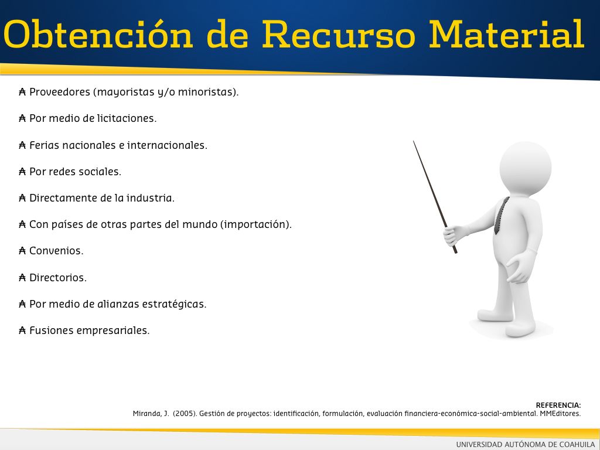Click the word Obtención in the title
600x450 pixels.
[98, 35]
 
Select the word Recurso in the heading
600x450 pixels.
[338, 35]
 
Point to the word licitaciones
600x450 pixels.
[127, 118]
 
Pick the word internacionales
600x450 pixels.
[167, 145]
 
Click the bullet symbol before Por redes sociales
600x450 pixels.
[22, 172]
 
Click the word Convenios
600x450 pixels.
[56, 251]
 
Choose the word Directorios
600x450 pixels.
[58, 277]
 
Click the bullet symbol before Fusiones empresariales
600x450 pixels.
[22, 330]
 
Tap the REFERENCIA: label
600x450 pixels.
[558, 405]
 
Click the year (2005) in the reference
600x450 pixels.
[185, 414]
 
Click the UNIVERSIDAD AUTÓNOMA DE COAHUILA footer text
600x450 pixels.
[526, 444]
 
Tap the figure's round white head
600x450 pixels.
[526, 168]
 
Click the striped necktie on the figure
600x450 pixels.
[502, 216]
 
